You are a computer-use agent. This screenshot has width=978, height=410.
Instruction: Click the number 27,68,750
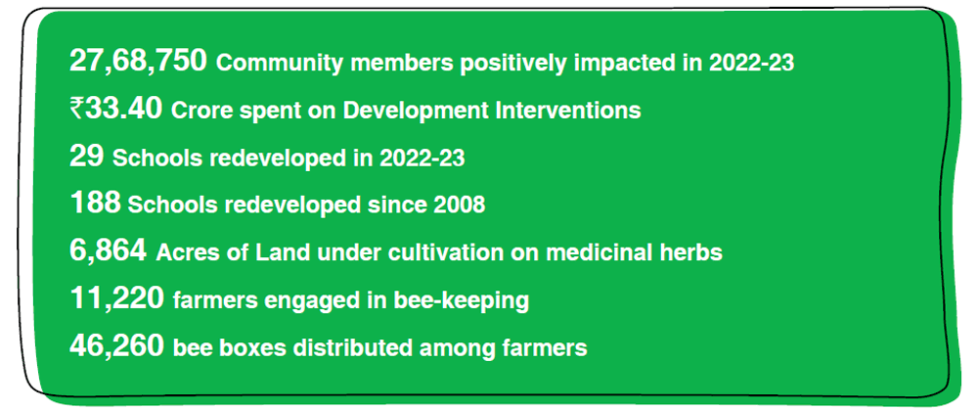tap(138, 61)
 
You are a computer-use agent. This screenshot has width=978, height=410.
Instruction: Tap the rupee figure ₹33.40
tap(116, 110)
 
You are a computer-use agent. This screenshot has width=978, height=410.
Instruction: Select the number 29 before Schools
tap(86, 157)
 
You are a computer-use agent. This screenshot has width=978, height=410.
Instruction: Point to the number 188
tap(95, 204)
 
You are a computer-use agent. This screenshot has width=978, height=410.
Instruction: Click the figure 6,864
tap(108, 251)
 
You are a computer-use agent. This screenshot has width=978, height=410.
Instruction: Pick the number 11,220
tap(116, 298)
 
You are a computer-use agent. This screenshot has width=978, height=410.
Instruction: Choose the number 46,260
tap(116, 346)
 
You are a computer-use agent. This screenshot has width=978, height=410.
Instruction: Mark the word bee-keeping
tap(462, 301)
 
